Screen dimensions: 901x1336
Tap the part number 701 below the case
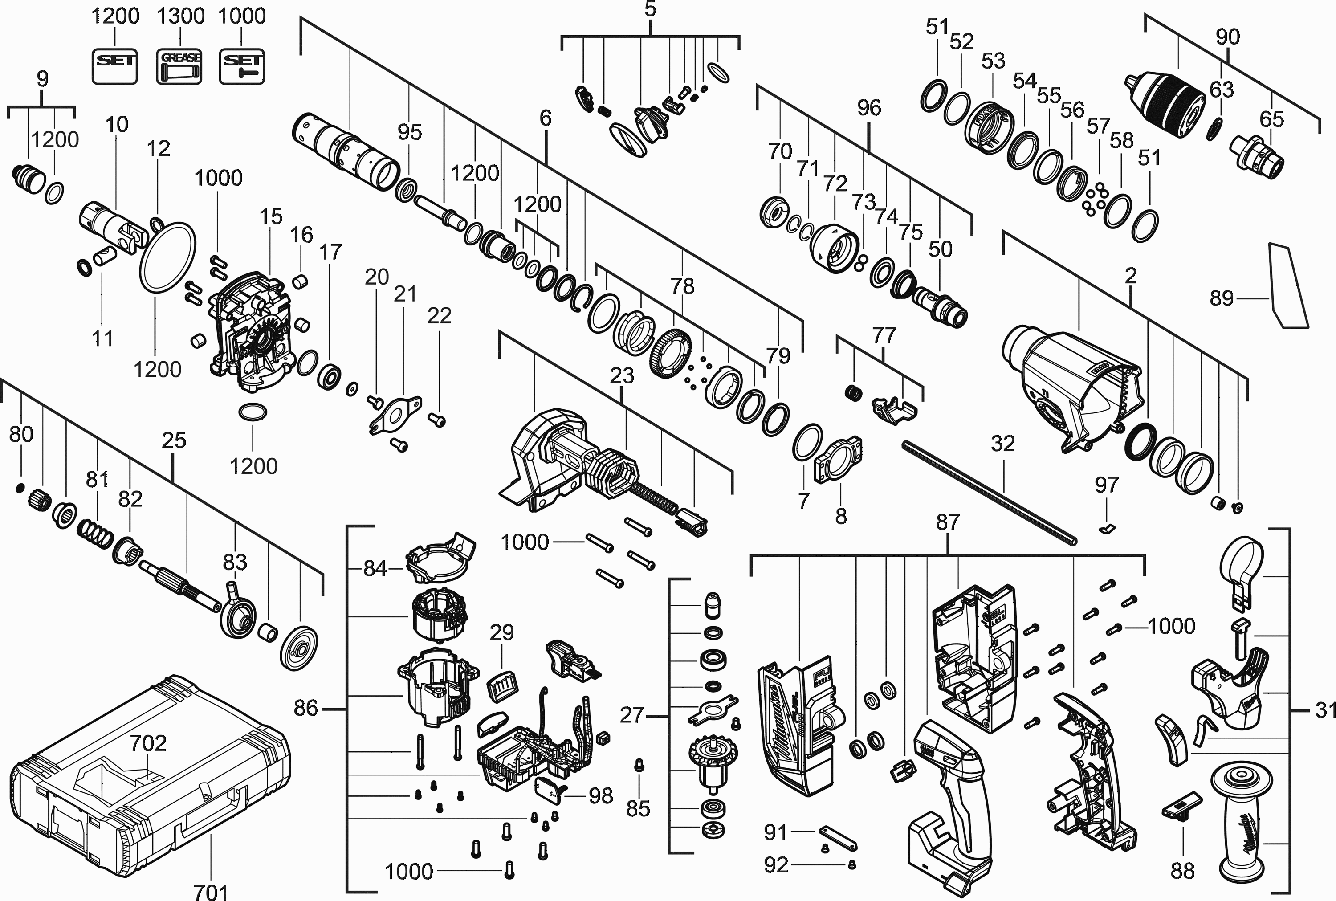point(211,891)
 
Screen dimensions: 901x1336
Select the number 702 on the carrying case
point(148,743)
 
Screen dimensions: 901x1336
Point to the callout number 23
point(622,376)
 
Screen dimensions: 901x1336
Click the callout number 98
point(601,795)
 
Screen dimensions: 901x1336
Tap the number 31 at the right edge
point(1324,710)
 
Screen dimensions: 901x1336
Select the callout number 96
point(868,107)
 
